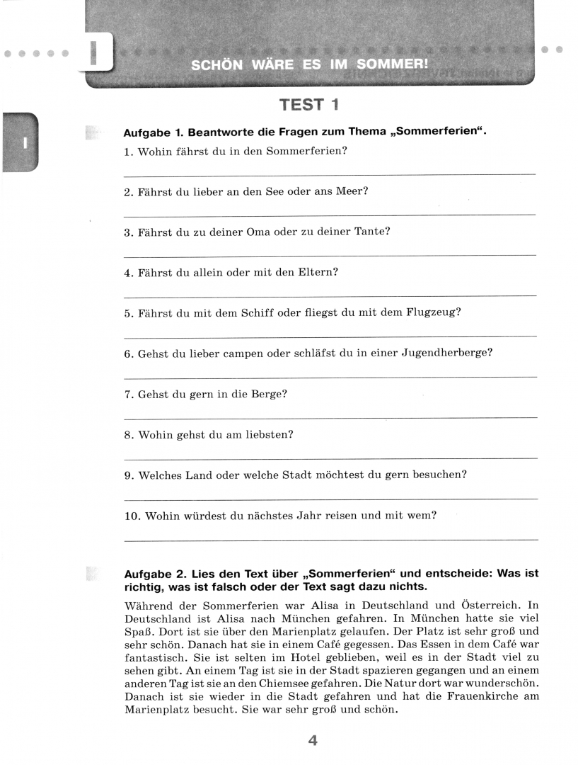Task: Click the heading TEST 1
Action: tap(309, 105)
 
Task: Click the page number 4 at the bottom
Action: tap(313, 741)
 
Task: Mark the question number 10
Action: tap(132, 516)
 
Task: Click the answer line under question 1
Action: tap(330, 174)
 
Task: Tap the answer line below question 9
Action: tap(330, 499)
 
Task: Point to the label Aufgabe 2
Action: tap(151, 574)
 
